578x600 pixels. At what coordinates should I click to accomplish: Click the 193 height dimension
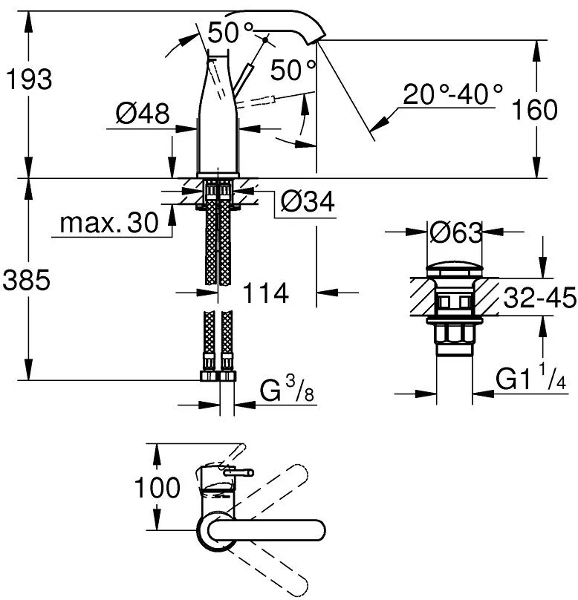[x=29, y=79]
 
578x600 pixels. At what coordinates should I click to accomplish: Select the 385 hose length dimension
[x=26, y=280]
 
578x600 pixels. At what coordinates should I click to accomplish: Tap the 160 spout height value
[x=534, y=109]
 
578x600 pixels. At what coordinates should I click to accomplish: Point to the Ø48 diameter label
[x=143, y=114]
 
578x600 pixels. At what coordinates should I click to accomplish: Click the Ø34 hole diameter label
[x=308, y=201]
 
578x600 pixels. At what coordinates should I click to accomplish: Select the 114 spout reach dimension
[x=266, y=293]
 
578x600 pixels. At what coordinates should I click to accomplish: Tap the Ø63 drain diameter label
[x=455, y=232]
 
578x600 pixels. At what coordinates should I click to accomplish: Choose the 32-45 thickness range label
[x=539, y=297]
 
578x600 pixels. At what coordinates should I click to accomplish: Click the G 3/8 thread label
[x=287, y=389]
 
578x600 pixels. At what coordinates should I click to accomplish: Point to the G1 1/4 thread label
[x=530, y=377]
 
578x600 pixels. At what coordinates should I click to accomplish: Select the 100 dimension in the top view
[x=157, y=487]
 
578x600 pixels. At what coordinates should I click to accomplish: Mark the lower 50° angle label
[x=293, y=70]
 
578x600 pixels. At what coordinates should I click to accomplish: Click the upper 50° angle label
[x=231, y=33]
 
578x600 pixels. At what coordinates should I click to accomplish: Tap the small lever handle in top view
[x=239, y=472]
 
